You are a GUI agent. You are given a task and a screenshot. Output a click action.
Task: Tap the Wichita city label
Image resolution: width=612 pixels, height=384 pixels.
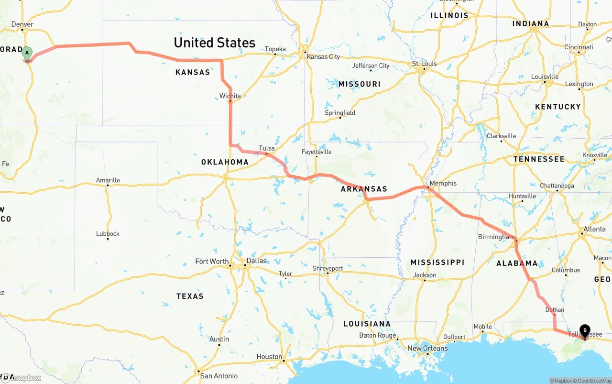tap(230, 96)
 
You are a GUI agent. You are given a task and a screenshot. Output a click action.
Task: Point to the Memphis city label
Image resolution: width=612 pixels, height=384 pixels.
tap(443, 183)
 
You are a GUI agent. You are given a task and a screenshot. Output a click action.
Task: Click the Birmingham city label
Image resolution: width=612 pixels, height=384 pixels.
tap(496, 237)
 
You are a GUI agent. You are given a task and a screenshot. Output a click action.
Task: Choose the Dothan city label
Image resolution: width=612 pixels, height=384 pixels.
tap(555, 310)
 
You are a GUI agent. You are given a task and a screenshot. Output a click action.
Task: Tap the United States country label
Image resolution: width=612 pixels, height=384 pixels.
tap(214, 43)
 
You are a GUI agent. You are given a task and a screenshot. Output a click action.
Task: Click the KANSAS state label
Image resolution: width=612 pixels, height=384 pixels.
tap(193, 72)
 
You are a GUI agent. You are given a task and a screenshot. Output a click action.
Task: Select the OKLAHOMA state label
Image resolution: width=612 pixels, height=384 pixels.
tap(225, 162)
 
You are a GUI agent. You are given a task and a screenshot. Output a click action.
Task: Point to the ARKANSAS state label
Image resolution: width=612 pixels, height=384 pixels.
tap(364, 189)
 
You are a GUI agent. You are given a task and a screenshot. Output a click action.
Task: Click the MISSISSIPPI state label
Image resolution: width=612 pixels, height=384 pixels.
tap(437, 262)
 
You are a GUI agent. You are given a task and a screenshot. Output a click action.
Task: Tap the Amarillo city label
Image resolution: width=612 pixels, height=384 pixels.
tap(108, 180)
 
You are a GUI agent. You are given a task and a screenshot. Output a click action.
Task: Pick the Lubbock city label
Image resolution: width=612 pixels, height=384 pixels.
tap(108, 234)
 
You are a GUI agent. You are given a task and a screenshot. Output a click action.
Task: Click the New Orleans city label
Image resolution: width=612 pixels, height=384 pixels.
tap(427, 348)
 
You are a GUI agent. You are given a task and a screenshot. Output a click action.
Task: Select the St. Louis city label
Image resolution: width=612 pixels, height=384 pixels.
tap(425, 64)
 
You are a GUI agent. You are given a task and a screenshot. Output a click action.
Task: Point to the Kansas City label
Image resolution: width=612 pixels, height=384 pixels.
tap(323, 56)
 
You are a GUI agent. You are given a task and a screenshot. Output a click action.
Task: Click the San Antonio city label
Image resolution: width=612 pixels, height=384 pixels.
tap(219, 376)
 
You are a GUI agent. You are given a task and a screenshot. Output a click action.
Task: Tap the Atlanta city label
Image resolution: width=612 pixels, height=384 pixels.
tap(594, 229)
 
